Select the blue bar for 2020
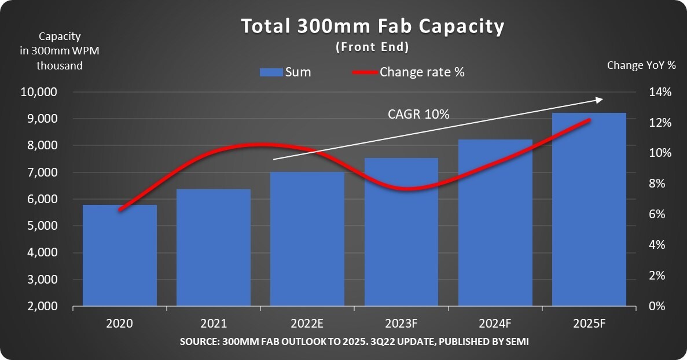pos(120,255)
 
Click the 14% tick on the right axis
pos(660,93)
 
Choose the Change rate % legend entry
pos(409,72)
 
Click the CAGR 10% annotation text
pos(418,115)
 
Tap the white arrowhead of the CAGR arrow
pos(600,100)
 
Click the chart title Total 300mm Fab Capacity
pos(373,27)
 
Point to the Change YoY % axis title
pos(641,65)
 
